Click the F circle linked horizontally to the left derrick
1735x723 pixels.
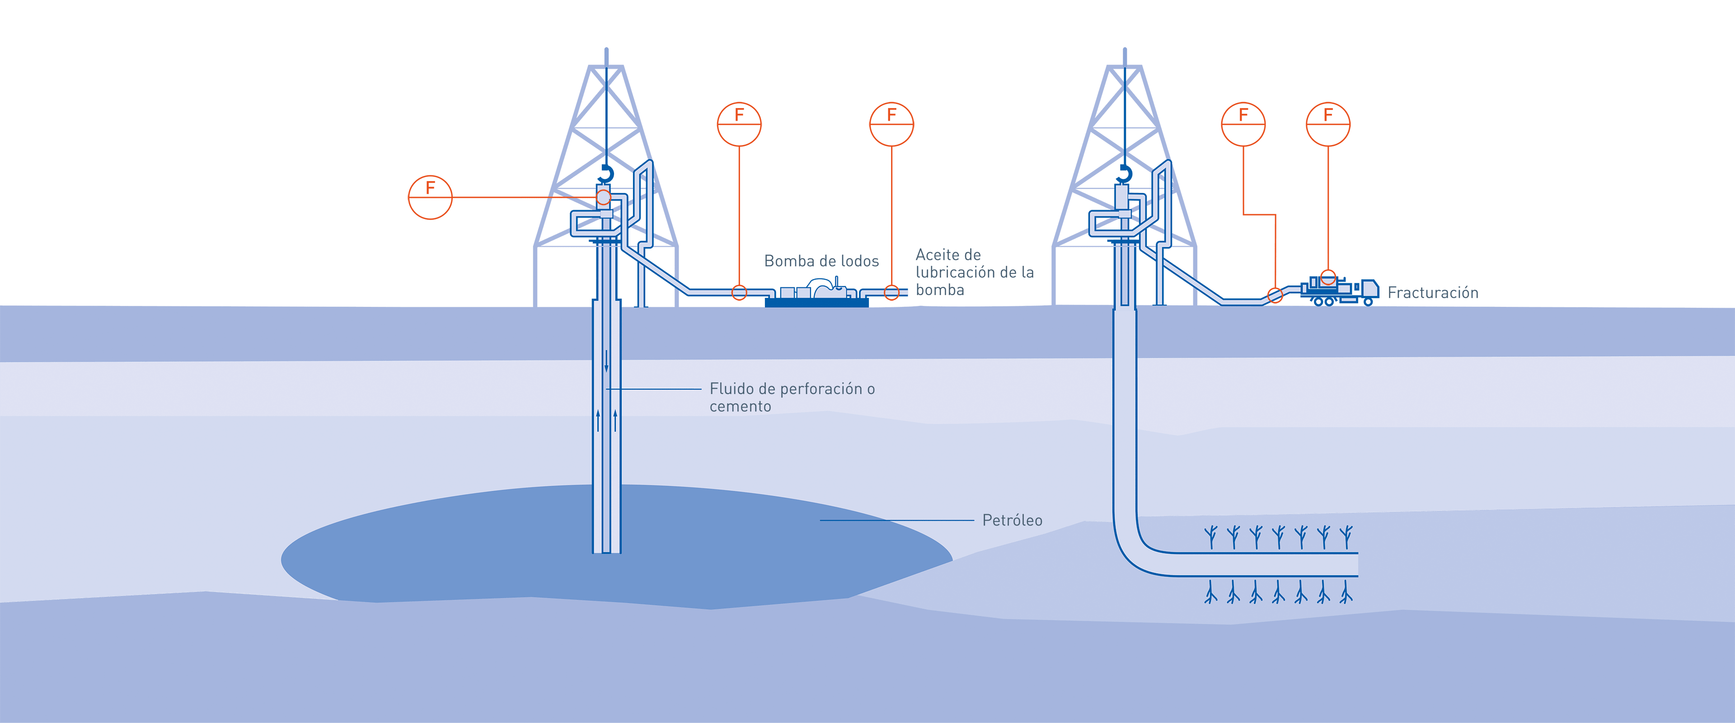tap(431, 197)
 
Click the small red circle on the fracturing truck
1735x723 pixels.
tap(1328, 277)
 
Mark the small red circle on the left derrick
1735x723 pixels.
tap(604, 197)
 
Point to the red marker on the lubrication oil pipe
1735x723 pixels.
tap(892, 292)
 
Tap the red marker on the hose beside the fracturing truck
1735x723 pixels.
tap(1275, 295)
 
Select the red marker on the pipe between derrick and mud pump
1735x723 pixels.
tap(740, 292)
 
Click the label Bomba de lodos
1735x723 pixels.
tap(822, 261)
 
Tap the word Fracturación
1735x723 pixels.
tap(1433, 292)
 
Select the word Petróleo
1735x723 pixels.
tap(1012, 520)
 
